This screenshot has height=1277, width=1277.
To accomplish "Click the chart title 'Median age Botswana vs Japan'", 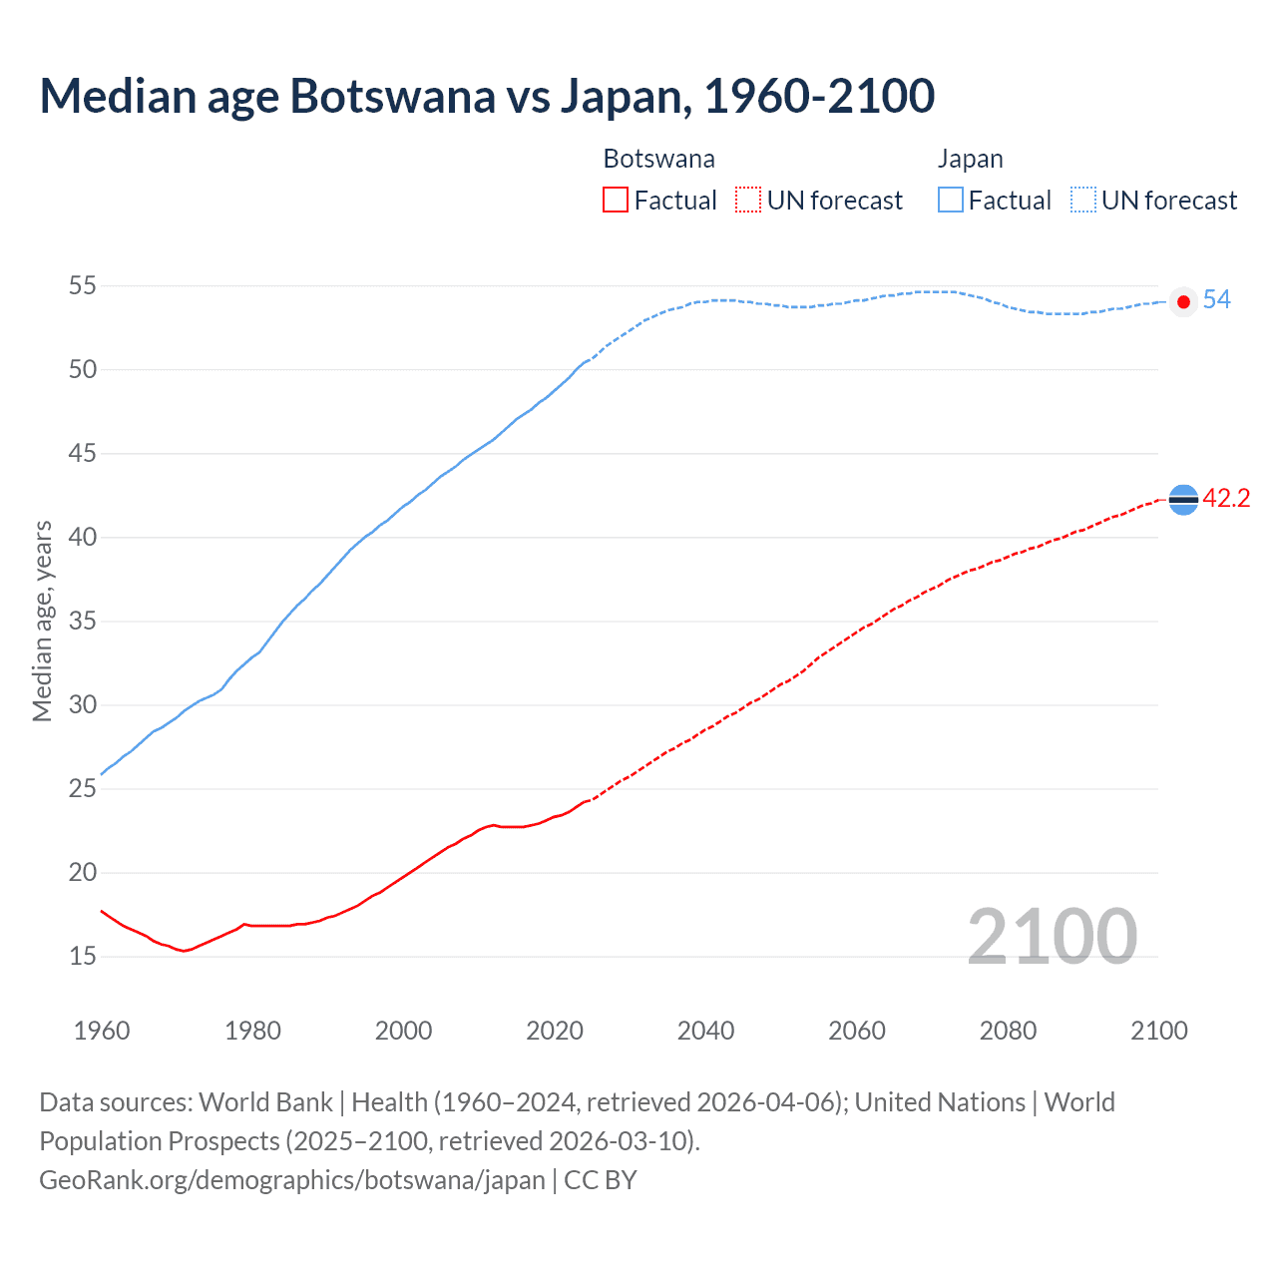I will [x=487, y=96].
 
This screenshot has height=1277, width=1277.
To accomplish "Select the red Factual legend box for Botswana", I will [x=616, y=201].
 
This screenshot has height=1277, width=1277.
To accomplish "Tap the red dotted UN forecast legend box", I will [x=748, y=201].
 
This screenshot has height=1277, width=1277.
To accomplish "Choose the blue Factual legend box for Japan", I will [x=951, y=201].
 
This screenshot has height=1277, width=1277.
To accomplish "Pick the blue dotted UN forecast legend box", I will [x=1083, y=201].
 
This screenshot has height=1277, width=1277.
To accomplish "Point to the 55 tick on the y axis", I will [x=83, y=286].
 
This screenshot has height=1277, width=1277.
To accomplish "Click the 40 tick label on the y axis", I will [x=83, y=538].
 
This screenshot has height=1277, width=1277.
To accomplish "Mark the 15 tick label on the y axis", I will [x=83, y=957].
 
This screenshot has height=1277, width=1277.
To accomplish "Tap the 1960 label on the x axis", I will [x=102, y=1031].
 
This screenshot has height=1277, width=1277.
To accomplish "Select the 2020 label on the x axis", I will [x=555, y=1031].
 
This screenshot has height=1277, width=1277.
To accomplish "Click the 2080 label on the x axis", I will [x=1008, y=1031].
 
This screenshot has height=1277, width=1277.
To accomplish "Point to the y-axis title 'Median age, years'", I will [x=42, y=621].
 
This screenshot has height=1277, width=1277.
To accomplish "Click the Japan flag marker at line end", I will [x=1183, y=301].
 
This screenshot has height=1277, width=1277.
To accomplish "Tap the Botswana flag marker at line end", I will [x=1183, y=499].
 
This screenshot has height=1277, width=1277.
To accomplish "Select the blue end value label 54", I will [x=1216, y=300].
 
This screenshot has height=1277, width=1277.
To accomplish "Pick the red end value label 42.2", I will [x=1226, y=499].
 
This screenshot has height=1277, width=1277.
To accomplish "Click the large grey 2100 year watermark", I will [x=1052, y=936].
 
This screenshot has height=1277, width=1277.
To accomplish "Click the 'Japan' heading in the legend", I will [x=970, y=160].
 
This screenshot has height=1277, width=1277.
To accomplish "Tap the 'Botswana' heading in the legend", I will [x=658, y=160].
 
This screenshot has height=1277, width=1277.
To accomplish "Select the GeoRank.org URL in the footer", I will [x=292, y=1180].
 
